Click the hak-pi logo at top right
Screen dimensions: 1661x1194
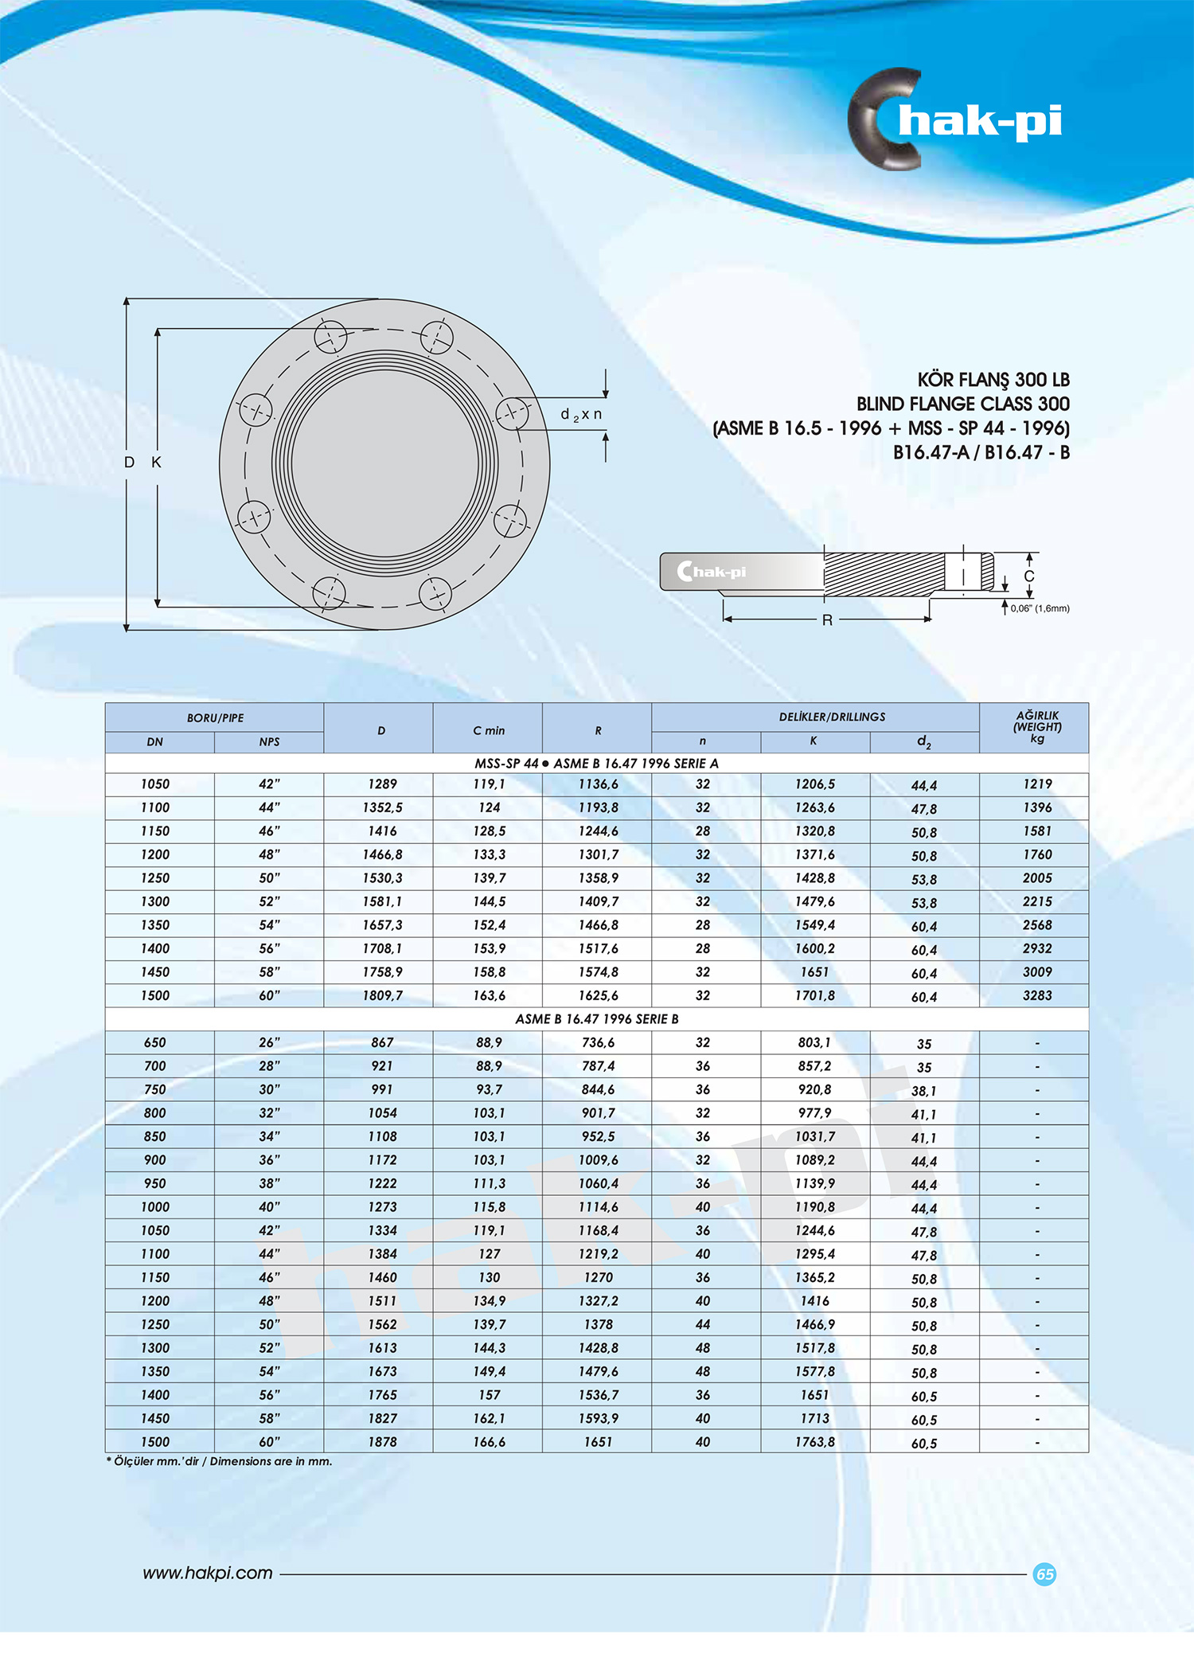point(955,119)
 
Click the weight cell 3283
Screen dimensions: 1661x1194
point(1036,995)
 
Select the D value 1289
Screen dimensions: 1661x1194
point(382,784)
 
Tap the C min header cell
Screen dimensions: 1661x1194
point(488,730)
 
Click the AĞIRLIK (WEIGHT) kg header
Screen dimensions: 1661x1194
point(1036,726)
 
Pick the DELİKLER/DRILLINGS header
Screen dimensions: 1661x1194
point(832,717)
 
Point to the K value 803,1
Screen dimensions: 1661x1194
point(814,1042)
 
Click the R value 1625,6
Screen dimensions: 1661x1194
point(598,995)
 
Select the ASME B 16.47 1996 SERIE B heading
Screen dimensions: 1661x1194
point(597,1019)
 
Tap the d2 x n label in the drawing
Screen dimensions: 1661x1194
point(581,414)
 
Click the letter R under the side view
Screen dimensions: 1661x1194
point(827,620)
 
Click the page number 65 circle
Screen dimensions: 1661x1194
point(1044,1574)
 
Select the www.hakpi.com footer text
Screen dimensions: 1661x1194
point(208,1573)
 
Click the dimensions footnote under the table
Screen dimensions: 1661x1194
point(220,1461)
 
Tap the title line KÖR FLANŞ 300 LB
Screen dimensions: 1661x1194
point(993,380)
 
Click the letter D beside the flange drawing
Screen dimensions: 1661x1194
point(129,462)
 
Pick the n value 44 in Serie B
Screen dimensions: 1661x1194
point(702,1324)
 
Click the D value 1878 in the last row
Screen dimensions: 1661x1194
point(382,1442)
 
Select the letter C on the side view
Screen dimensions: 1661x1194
point(1028,576)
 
